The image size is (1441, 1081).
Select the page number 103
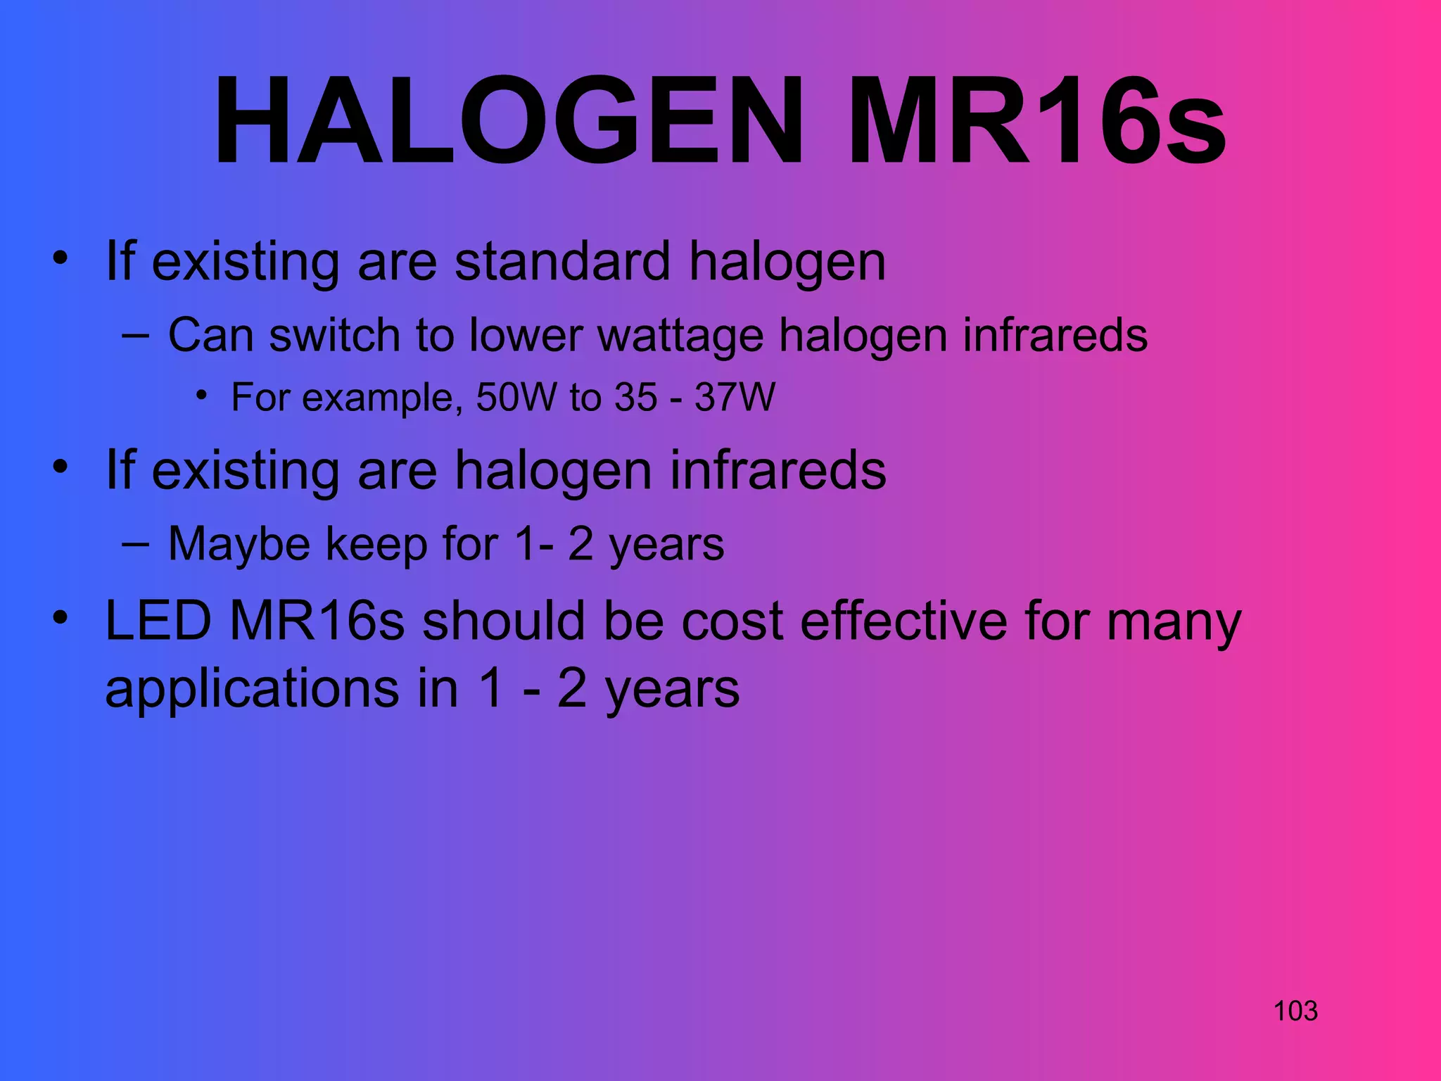tap(1295, 1011)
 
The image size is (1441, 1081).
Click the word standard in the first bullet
tap(562, 261)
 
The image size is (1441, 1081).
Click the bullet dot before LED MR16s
tap(61, 617)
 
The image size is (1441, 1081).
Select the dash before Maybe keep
tap(134, 544)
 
